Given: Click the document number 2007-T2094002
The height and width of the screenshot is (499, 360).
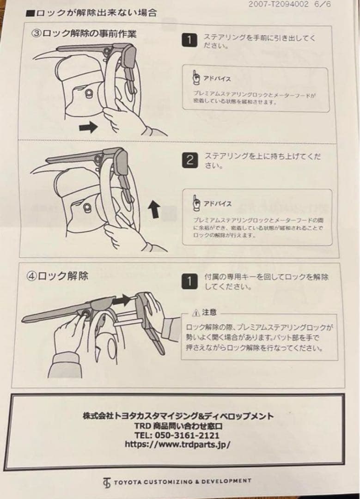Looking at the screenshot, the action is (278, 4).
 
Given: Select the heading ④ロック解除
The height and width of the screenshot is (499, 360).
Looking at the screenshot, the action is (57, 275).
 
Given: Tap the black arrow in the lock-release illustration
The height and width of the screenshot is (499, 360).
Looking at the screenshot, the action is (122, 299).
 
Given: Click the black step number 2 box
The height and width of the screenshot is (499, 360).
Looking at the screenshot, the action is (190, 160).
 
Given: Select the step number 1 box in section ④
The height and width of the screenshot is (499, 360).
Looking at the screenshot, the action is (189, 281).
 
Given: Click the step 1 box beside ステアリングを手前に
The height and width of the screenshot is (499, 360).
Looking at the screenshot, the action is (189, 40).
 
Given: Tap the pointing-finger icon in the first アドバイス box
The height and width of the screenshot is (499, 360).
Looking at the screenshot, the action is (196, 78).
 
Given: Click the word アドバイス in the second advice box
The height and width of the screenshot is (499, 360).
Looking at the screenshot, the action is (217, 203).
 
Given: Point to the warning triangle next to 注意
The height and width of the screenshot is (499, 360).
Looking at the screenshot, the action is (196, 313).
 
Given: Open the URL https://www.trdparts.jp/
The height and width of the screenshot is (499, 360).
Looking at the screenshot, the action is (177, 444).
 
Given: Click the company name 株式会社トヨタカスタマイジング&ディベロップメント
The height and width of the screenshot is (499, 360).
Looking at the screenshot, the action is (178, 416).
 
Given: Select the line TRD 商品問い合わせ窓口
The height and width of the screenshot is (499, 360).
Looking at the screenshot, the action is (178, 426).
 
